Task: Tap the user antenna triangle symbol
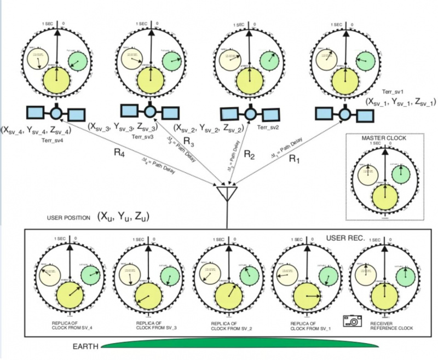coord(226,193)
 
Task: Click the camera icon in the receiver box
coord(350,321)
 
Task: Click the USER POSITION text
coord(68,218)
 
